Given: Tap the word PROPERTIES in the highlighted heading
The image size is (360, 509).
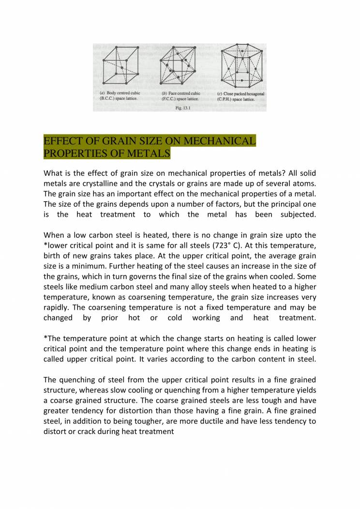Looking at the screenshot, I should point(71,154).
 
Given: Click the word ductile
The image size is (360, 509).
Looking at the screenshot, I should point(200,421).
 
